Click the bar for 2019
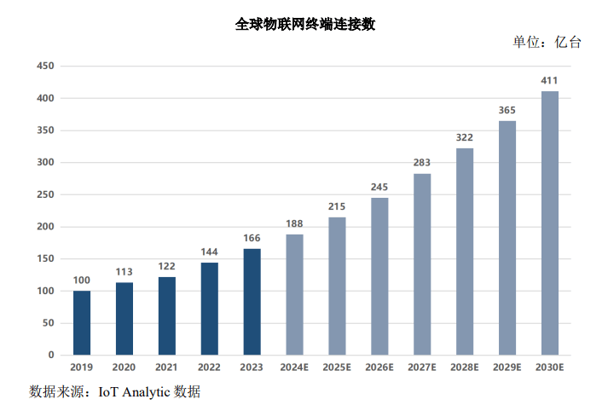tap(82, 322)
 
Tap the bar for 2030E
tap(550, 223)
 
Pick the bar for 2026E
tap(379, 276)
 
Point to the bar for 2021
tap(167, 315)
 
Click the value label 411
tap(550, 81)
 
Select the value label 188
tap(294, 224)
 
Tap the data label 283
tap(422, 163)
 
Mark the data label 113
tap(124, 272)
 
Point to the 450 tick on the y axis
tap(45, 67)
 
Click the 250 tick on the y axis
tap(45, 195)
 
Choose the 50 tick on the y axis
tap(49, 323)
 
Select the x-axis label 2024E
tap(294, 367)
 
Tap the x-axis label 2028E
tap(465, 367)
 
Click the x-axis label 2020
tap(124, 367)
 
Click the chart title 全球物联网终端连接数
tap(304, 25)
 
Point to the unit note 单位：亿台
tap(547, 43)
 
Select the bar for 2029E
tap(507, 238)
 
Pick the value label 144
tap(210, 252)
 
